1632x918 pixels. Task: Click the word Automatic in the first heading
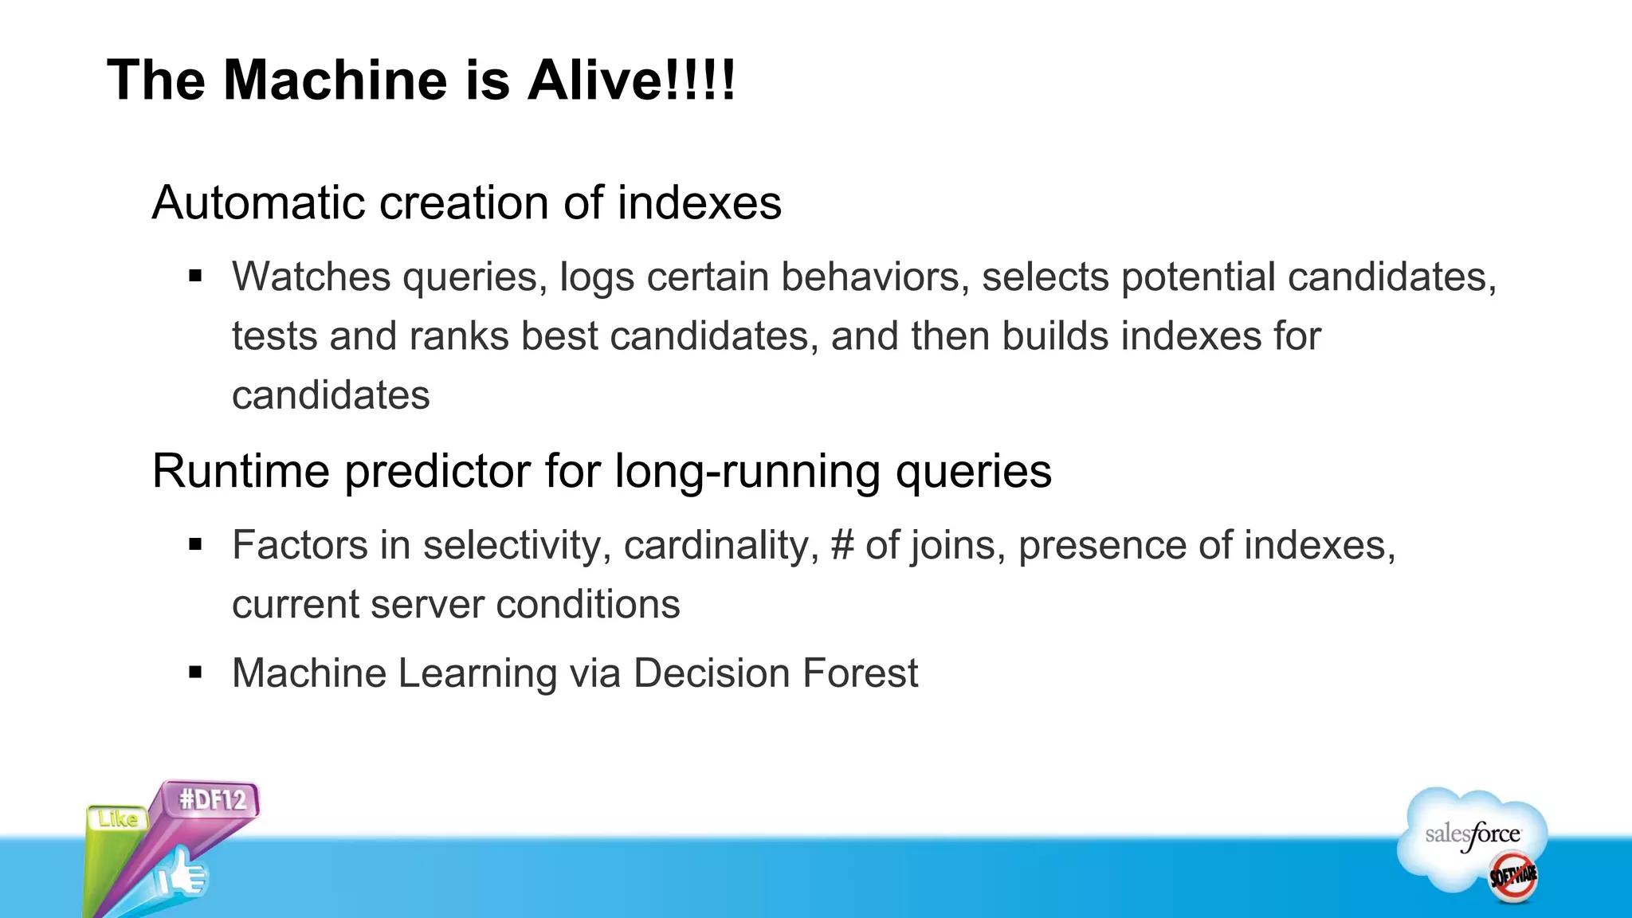[259, 202]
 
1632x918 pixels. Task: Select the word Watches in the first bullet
[311, 277]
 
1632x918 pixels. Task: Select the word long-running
[747, 471]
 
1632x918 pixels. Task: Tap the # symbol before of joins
[841, 546]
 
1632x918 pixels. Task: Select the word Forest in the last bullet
[860, 673]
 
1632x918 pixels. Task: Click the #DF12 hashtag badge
[213, 799]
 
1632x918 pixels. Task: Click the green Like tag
[117, 818]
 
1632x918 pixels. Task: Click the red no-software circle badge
[1513, 876]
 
